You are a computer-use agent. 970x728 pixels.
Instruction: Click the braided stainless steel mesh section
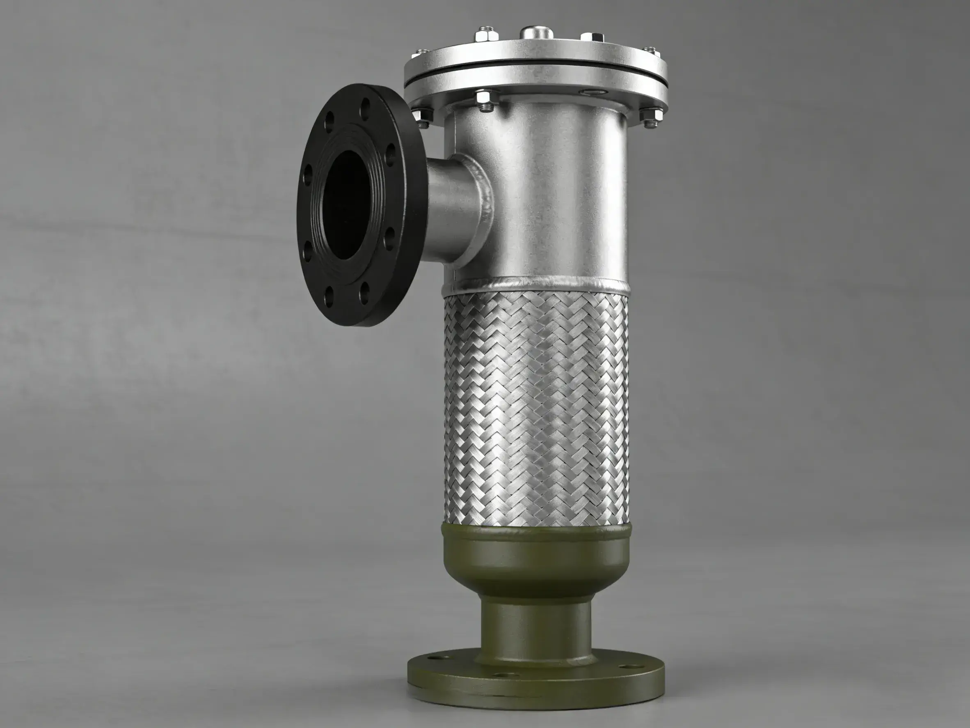537,408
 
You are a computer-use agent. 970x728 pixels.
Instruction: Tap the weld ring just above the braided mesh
537,286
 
